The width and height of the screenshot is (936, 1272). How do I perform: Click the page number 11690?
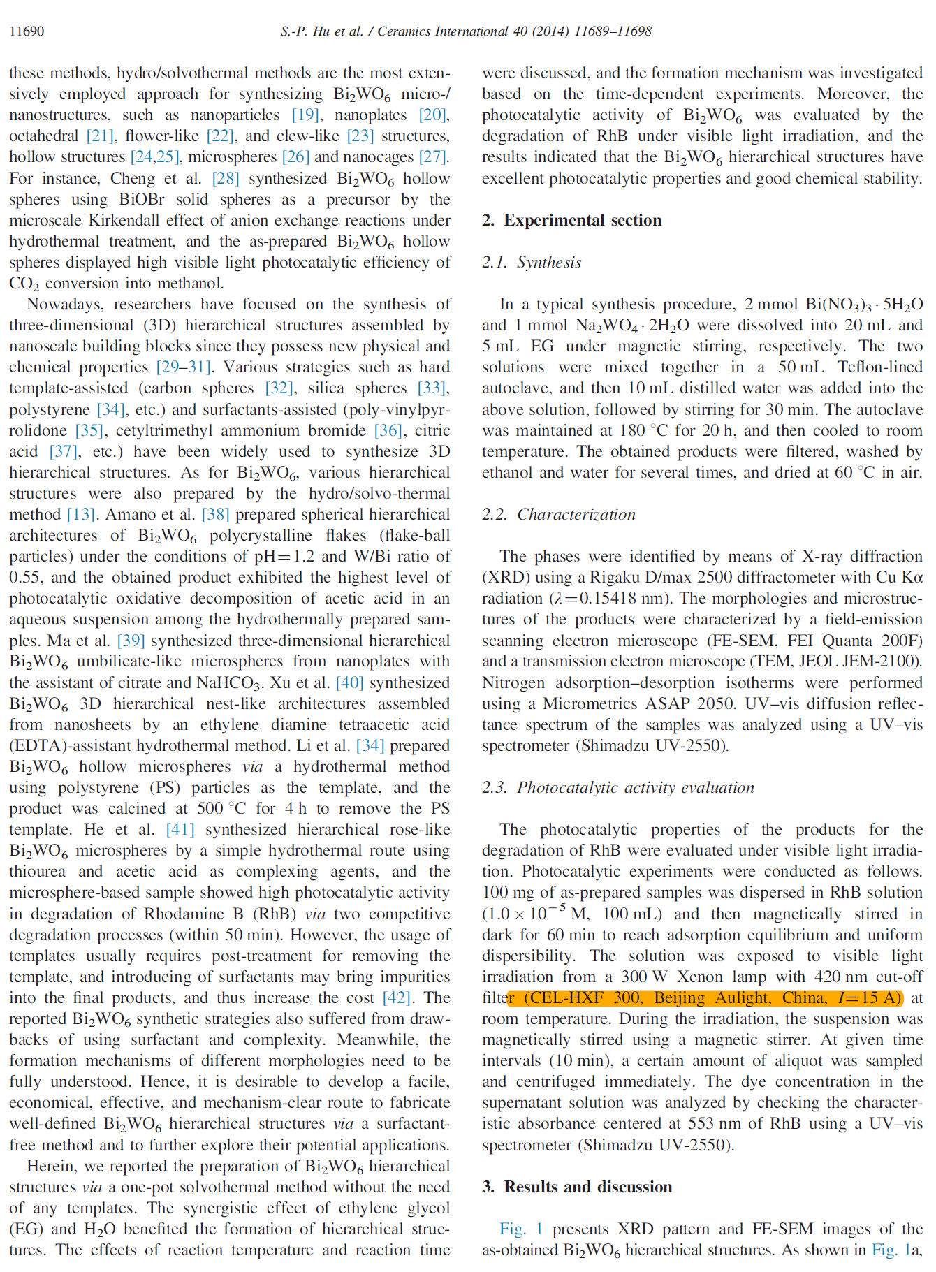[x=27, y=31]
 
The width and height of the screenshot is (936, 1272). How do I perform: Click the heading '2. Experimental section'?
[x=571, y=220]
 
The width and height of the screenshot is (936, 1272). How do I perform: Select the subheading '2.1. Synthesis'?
[x=532, y=262]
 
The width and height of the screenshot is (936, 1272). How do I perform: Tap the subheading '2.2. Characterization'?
[x=559, y=514]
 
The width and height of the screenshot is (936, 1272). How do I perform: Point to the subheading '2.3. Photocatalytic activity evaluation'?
[x=618, y=787]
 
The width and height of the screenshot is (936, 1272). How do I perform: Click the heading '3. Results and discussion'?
[x=577, y=1187]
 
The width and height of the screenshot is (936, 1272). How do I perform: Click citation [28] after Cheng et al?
[x=225, y=178]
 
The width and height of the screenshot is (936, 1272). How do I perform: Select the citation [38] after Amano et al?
[x=215, y=514]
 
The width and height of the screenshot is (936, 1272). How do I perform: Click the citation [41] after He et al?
[x=180, y=829]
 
